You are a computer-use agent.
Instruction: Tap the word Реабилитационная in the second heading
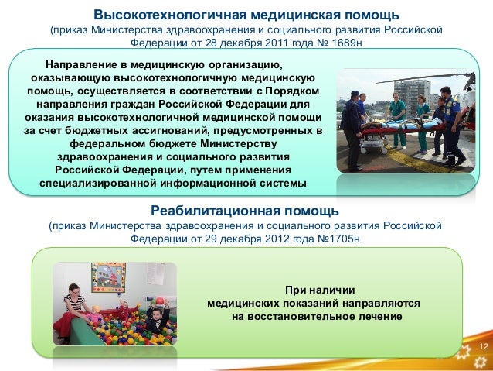(207, 211)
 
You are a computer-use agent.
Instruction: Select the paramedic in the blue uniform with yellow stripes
(450, 124)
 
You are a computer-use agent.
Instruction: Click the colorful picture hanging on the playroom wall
(108, 277)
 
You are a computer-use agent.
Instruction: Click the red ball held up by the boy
(161, 300)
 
